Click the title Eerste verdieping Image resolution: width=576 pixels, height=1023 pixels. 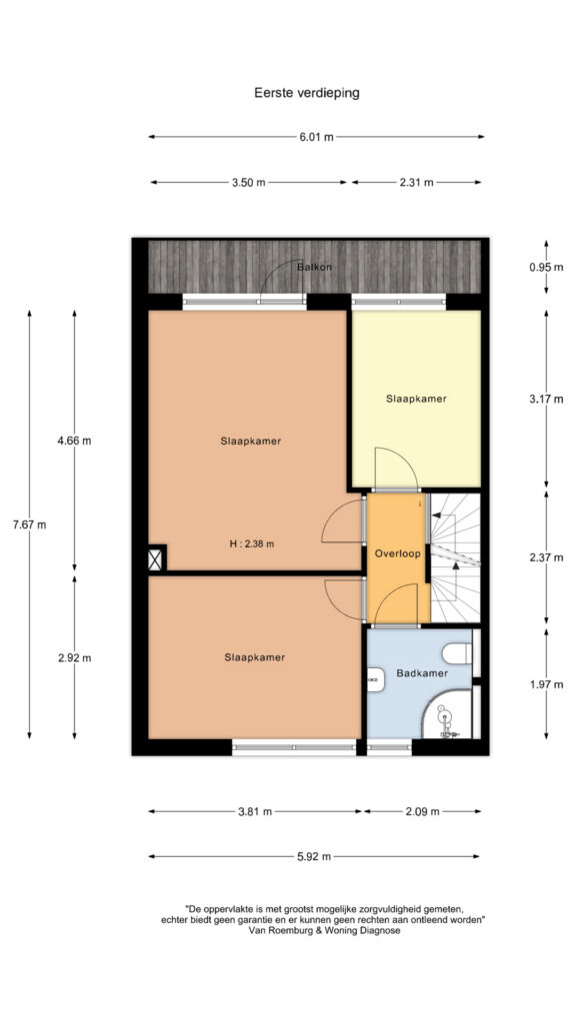pyautogui.click(x=306, y=93)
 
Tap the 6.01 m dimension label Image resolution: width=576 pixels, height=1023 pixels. pyautogui.click(x=316, y=137)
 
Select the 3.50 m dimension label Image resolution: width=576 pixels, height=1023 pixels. pyautogui.click(x=248, y=183)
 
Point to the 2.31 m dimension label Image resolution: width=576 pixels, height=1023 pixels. pyautogui.click(x=416, y=183)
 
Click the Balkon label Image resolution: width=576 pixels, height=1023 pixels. pyautogui.click(x=314, y=268)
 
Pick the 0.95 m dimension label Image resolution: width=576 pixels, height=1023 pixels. pyautogui.click(x=546, y=267)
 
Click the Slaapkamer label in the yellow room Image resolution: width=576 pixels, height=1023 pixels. pyautogui.click(x=416, y=399)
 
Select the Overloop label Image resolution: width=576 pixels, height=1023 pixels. pyautogui.click(x=397, y=553)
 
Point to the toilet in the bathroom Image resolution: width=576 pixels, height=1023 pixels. pyautogui.click(x=457, y=653)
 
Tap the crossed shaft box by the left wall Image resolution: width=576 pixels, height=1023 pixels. pyautogui.click(x=155, y=559)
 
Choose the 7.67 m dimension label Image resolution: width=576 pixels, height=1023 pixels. pyautogui.click(x=29, y=523)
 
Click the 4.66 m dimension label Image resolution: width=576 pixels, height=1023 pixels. pyautogui.click(x=74, y=441)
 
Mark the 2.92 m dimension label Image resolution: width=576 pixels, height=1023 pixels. pyautogui.click(x=74, y=657)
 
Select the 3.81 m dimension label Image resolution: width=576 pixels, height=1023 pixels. pyautogui.click(x=255, y=811)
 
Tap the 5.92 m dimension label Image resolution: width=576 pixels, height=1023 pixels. pyautogui.click(x=314, y=856)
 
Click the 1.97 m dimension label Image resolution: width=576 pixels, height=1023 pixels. pyautogui.click(x=546, y=684)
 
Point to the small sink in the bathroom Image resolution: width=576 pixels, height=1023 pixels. pyautogui.click(x=376, y=679)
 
